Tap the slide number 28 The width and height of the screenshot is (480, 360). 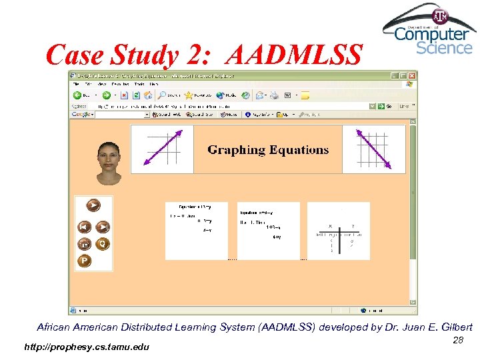point(458,340)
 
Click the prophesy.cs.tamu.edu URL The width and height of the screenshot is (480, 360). point(87,347)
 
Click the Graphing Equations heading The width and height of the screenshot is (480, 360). point(268,150)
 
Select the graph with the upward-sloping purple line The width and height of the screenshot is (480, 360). point(162,149)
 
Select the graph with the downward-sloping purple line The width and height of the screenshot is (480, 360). point(373,149)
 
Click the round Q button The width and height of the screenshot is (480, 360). point(103,243)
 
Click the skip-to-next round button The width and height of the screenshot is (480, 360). point(103,227)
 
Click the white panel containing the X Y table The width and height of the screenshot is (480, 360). point(338,231)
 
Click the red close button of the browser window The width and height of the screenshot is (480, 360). point(413,75)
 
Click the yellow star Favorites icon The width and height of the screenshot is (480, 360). point(189,95)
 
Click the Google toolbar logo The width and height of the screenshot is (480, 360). point(82,115)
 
